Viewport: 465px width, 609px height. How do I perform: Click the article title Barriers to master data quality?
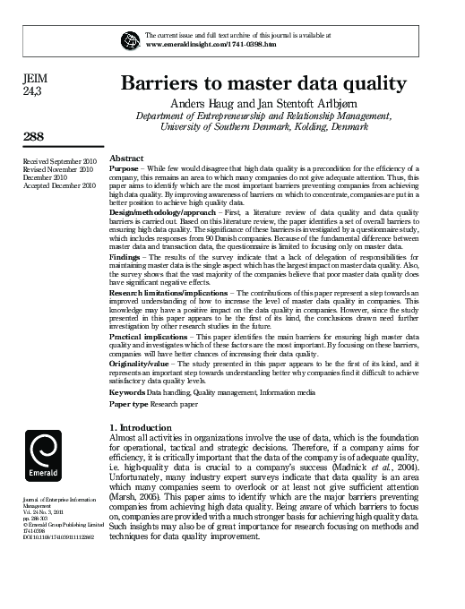click(x=264, y=83)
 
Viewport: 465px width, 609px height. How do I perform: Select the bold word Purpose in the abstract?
click(x=123, y=168)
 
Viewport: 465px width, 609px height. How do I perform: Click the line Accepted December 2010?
click(x=58, y=185)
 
